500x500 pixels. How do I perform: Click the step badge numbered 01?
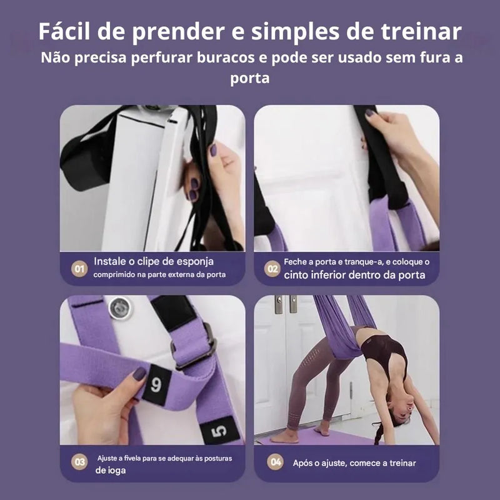tap(79, 269)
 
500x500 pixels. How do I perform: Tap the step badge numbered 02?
tap(272, 269)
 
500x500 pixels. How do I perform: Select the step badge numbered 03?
tap(79, 462)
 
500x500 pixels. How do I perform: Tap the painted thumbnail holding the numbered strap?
tap(139, 374)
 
